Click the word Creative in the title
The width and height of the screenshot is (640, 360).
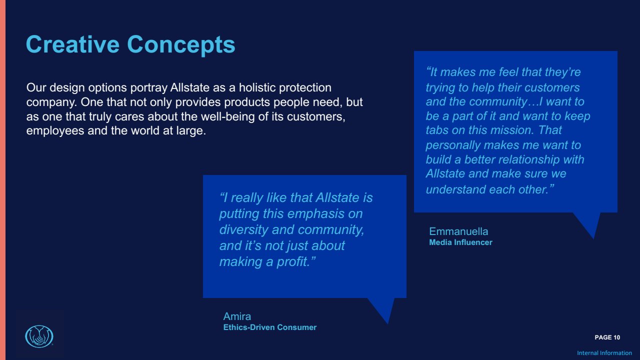[72, 44]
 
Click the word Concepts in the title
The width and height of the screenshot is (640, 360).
[181, 45]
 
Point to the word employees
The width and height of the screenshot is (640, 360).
[55, 131]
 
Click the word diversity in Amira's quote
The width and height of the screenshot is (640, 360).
[243, 230]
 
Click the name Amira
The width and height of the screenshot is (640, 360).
[237, 316]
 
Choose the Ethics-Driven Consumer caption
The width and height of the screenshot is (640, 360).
[269, 327]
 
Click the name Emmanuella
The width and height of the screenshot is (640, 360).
[458, 231]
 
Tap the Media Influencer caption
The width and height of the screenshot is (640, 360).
[460, 242]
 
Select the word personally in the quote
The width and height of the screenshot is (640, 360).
[453, 145]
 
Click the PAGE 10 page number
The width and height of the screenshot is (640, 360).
[607, 337]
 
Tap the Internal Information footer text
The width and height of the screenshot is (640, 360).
[604, 353]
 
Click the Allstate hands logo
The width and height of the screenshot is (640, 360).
[39, 336]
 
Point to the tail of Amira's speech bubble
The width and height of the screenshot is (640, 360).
[387, 323]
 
